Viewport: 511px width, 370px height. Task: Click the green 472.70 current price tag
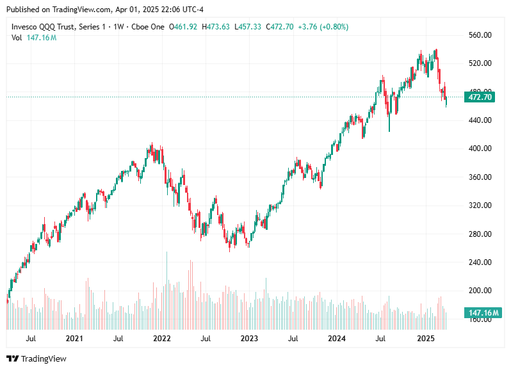coord(480,97)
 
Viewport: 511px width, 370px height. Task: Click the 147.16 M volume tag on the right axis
coord(480,313)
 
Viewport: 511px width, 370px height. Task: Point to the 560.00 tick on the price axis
coord(479,35)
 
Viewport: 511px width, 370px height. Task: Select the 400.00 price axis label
coord(479,149)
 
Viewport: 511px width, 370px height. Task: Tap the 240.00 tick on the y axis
coord(479,262)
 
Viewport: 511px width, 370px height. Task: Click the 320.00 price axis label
coord(479,205)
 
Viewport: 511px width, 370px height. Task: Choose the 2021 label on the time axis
coord(74,337)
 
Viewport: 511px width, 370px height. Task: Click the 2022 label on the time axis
coord(161,337)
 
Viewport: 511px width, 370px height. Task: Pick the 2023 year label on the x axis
coord(249,337)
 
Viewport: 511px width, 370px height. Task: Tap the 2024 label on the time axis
coord(336,337)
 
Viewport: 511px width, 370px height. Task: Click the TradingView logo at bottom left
coord(36,358)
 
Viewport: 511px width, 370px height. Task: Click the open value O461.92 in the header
coord(184,27)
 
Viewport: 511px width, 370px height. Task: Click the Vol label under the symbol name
coord(17,38)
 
